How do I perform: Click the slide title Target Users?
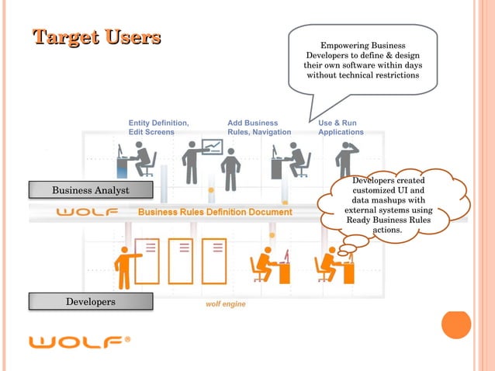tap(96, 37)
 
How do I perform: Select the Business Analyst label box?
tap(90, 190)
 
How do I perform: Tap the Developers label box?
tap(90, 301)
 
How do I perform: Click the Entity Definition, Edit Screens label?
tap(158, 127)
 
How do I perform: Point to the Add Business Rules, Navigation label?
tap(258, 127)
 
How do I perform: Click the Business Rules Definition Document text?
tap(215, 212)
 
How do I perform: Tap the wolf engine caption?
tap(225, 304)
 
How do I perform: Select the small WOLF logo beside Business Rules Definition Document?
tap(87, 212)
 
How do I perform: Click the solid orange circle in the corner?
tap(456, 324)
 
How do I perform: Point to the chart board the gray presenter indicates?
tap(212, 147)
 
